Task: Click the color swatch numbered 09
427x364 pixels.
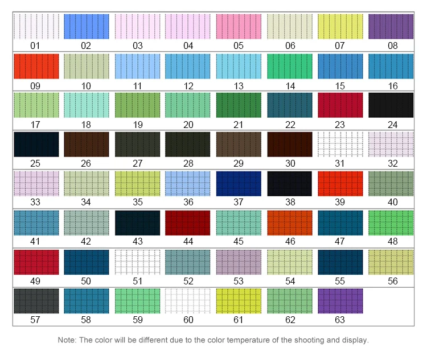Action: (x=36, y=66)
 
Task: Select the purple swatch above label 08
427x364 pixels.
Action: (x=391, y=27)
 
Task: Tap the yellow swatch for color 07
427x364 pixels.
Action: (x=340, y=27)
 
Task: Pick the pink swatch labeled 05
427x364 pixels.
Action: (x=239, y=27)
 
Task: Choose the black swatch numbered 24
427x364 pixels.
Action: (x=391, y=105)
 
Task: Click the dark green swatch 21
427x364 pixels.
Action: (x=239, y=105)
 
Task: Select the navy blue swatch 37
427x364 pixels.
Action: (x=239, y=183)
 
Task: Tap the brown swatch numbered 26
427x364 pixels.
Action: (x=87, y=144)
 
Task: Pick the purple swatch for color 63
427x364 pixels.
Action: (x=340, y=301)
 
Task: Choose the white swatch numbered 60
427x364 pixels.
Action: (x=188, y=301)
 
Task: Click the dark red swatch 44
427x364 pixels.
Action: (x=188, y=222)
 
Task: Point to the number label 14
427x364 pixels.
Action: (x=290, y=85)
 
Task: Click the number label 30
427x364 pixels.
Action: (x=290, y=163)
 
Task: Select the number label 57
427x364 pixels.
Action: (x=35, y=320)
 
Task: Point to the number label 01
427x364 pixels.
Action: (x=35, y=45)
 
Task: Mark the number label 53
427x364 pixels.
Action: (x=239, y=280)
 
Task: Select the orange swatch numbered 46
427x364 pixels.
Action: (x=290, y=222)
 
